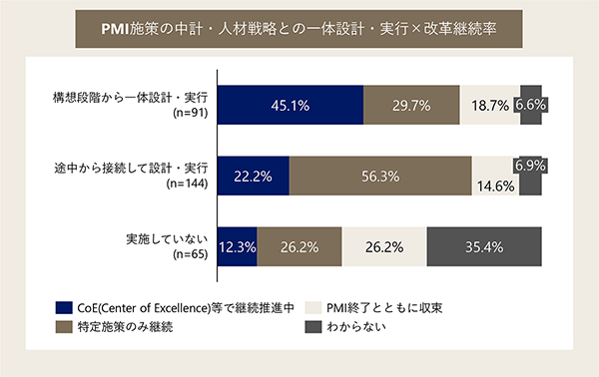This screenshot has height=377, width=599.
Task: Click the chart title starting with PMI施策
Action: pos(299,29)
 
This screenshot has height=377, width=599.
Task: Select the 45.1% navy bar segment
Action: pos(290,105)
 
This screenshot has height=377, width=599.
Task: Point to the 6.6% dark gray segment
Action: pos(531,105)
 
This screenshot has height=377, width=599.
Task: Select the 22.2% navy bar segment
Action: pos(253,176)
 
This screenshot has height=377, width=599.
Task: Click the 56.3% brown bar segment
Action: pos(379,176)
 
